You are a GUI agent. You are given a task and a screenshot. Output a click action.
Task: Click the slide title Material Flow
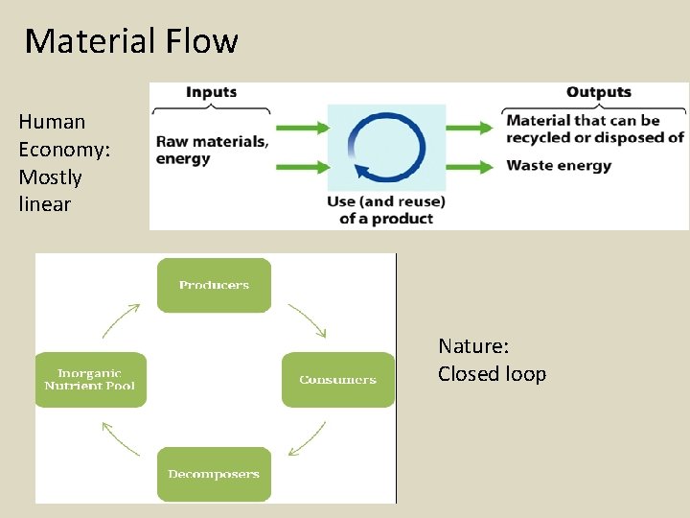tap(131, 41)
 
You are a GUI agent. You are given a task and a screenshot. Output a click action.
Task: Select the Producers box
tap(214, 285)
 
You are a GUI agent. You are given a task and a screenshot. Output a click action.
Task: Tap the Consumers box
tap(337, 380)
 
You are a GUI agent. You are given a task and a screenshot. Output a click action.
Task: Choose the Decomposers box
tap(214, 474)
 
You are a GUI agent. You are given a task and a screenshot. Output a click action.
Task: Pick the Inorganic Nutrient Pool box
tap(90, 380)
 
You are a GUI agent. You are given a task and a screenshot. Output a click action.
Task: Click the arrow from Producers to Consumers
tap(308, 320)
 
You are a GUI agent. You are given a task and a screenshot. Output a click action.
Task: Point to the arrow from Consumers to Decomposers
tap(308, 437)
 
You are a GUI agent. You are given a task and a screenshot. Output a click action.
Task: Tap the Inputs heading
tap(211, 92)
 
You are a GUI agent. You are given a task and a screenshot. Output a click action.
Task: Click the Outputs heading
tap(598, 92)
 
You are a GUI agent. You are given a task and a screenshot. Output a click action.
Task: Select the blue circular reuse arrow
tap(386, 148)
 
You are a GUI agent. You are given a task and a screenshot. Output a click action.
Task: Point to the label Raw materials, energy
tap(212, 150)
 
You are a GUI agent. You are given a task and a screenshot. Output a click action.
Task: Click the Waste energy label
tap(559, 166)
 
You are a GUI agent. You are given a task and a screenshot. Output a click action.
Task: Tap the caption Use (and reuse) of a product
tap(386, 210)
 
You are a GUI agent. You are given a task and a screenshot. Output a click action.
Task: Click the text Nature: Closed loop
tap(492, 360)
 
